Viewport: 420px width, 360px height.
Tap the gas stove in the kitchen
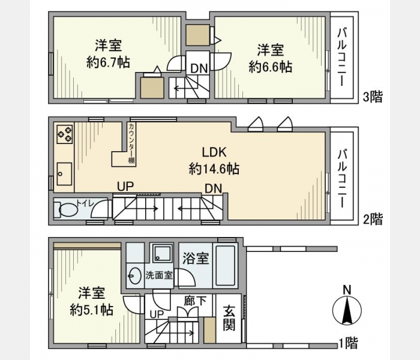tap(65, 134)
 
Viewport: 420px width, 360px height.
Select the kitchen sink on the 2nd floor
tap(64, 174)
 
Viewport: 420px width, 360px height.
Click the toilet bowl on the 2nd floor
tap(67, 209)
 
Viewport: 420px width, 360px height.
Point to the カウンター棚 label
tap(131, 143)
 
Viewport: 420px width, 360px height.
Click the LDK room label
tap(214, 152)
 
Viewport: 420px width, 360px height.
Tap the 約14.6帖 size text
tap(214, 169)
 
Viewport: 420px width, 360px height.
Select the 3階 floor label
tap(373, 97)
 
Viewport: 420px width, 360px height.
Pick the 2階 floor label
tap(373, 219)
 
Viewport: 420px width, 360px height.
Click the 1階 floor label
tap(348, 343)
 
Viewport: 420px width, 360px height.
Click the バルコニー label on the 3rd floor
tap(342, 58)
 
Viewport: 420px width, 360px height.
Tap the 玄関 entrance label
tap(229, 318)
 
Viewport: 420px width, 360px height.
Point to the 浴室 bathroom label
tap(196, 258)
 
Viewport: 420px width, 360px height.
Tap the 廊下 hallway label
tap(195, 301)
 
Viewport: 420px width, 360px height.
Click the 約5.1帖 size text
tap(92, 310)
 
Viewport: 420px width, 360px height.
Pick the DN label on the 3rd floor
tap(199, 68)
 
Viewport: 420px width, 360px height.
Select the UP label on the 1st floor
tap(157, 314)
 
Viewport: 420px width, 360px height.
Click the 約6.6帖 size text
tap(271, 67)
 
